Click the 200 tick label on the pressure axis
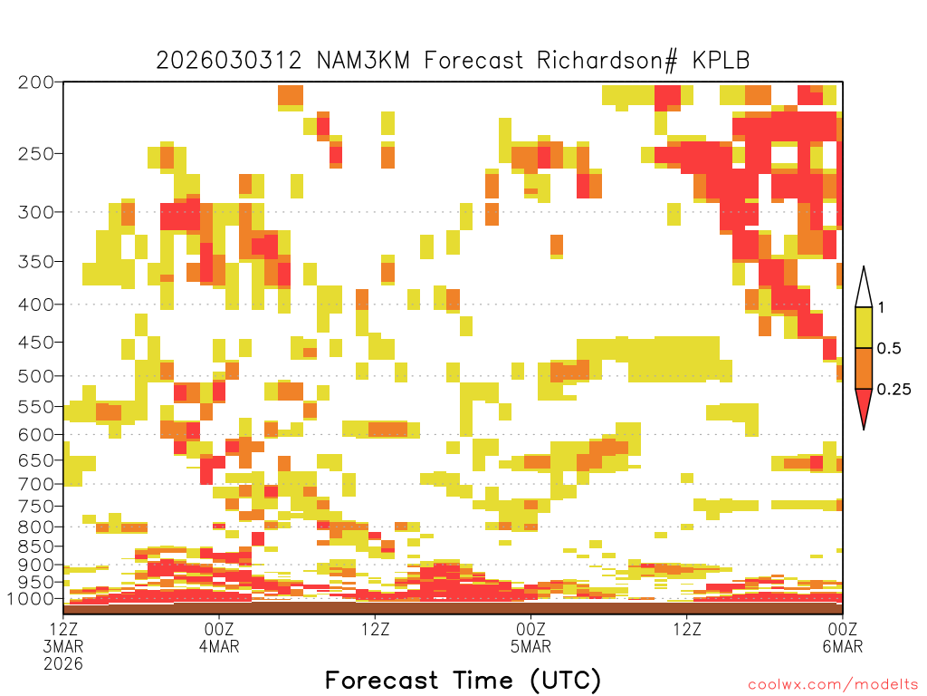point(36,82)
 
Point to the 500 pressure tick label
point(36,376)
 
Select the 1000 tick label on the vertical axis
point(30,599)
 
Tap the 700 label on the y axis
point(36,485)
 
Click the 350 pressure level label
point(36,262)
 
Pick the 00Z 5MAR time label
point(530,637)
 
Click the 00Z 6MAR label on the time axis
point(843,637)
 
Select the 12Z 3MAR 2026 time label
point(63,646)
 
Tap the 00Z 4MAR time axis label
point(219,637)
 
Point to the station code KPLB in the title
point(722,61)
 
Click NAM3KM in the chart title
point(364,61)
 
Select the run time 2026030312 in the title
point(229,61)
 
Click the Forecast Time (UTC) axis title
point(463,680)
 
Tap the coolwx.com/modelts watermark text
point(835,685)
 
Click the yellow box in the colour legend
point(864,327)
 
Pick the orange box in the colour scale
point(864,368)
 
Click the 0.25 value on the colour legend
point(894,390)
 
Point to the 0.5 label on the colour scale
point(889,349)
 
